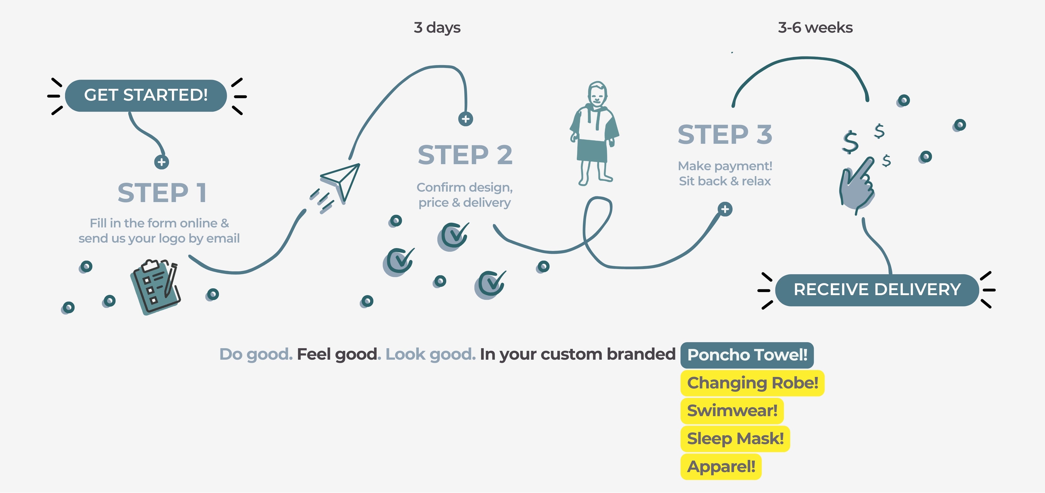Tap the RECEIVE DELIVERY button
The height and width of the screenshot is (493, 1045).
click(x=877, y=290)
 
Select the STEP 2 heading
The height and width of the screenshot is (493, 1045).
click(x=465, y=155)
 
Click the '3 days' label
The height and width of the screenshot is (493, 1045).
click(x=437, y=28)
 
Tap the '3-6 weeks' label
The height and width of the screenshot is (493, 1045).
click(x=815, y=28)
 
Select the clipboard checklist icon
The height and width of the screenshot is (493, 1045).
click(x=155, y=286)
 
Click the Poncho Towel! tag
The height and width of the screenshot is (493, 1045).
click(x=747, y=355)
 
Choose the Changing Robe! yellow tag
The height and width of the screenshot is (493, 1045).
click(x=752, y=383)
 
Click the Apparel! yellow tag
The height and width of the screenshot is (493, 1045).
click(x=721, y=467)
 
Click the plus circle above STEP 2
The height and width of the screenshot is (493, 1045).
click(x=465, y=119)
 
